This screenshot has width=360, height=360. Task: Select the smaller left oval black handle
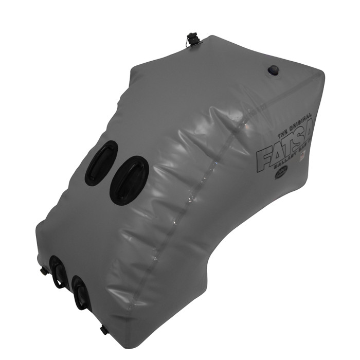[101, 164]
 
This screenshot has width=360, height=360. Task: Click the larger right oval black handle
[129, 181]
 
